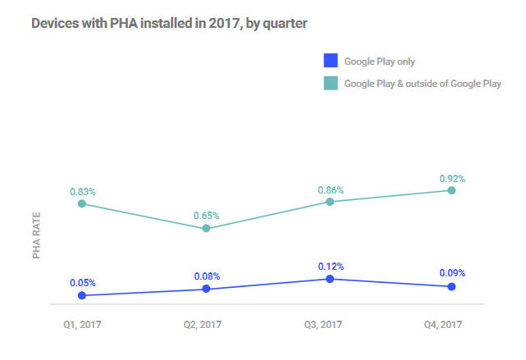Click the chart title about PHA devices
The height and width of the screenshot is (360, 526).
click(x=168, y=24)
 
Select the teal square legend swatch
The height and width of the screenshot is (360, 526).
click(x=331, y=83)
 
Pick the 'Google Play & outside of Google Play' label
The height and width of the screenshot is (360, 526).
click(x=422, y=83)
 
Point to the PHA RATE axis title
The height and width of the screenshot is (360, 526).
click(x=37, y=236)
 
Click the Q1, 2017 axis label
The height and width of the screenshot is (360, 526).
click(x=82, y=326)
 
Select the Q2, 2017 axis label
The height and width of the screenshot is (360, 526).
click(x=206, y=326)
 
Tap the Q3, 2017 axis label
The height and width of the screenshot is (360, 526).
click(x=329, y=326)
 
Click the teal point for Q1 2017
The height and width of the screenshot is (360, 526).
click(x=82, y=203)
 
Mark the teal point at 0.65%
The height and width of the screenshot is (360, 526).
click(x=206, y=228)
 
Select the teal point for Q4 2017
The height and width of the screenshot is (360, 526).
click(x=452, y=190)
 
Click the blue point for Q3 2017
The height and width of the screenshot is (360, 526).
click(x=329, y=279)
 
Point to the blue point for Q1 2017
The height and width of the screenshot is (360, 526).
click(x=82, y=295)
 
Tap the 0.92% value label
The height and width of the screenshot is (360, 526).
click(x=452, y=178)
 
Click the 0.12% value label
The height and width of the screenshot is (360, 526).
click(x=329, y=267)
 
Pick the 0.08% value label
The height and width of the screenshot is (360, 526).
click(x=207, y=276)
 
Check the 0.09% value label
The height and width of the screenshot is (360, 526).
click(x=452, y=273)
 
